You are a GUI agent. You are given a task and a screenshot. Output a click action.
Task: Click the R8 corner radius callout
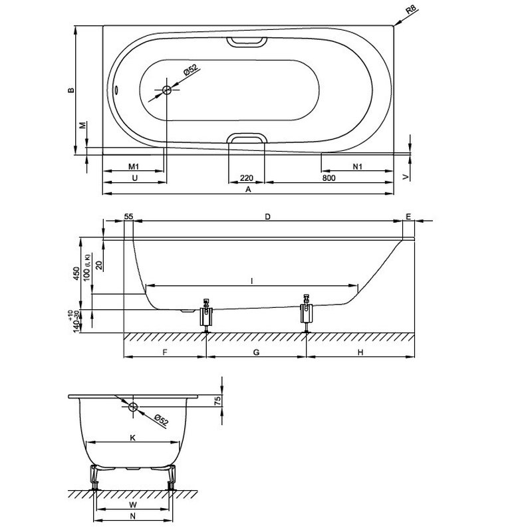tap(411, 9)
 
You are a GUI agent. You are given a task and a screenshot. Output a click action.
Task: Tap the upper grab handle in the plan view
tap(247, 41)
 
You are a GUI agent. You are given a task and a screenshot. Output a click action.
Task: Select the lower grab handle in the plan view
tap(247, 138)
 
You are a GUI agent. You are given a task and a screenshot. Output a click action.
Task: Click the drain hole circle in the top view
tap(167, 90)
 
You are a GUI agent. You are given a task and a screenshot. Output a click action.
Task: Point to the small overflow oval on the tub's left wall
tap(116, 90)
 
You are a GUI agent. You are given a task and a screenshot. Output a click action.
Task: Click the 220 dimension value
tap(247, 178)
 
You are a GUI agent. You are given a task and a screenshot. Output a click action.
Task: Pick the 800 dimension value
tap(329, 178)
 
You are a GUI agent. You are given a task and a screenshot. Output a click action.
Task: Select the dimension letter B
tap(71, 90)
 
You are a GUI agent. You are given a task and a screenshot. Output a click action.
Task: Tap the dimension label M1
tap(134, 167)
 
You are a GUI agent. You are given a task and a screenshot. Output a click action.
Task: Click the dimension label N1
tap(358, 167)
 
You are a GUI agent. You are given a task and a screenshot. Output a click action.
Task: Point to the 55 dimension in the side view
tap(128, 217)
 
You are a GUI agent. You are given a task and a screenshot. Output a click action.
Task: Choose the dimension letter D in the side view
tap(268, 217)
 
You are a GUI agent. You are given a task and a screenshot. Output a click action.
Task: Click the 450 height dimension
tap(76, 273)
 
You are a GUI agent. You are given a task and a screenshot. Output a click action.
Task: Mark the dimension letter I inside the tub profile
tap(252, 281)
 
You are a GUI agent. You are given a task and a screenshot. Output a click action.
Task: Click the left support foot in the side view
tap(205, 316)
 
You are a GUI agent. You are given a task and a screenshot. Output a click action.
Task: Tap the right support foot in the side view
tap(307, 313)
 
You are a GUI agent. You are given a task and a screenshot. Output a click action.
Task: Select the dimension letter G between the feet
tap(256, 352)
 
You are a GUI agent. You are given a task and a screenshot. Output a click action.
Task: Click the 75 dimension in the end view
tap(218, 400)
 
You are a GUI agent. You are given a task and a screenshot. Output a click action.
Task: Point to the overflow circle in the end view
tap(133, 407)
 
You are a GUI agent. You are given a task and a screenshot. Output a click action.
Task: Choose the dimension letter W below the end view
tap(133, 505)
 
